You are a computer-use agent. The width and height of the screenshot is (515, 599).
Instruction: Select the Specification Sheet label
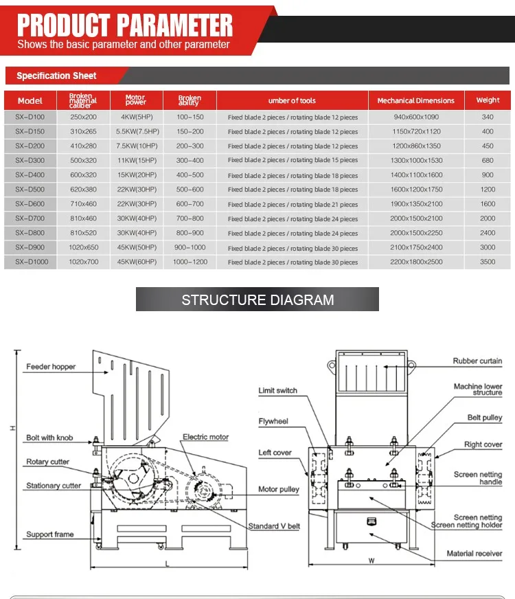[x=56, y=76]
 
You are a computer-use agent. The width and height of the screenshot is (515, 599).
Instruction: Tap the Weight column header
[x=488, y=100]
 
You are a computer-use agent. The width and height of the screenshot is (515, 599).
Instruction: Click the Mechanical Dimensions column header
[x=415, y=100]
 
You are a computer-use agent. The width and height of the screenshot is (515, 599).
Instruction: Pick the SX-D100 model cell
[x=30, y=117]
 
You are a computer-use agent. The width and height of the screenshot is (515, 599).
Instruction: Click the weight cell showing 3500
[x=488, y=262]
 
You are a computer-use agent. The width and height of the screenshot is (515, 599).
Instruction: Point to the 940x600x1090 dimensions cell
[x=415, y=117]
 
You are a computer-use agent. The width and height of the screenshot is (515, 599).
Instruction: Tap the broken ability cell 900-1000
[x=190, y=247]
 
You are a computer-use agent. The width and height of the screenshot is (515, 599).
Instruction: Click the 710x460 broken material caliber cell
[x=83, y=204]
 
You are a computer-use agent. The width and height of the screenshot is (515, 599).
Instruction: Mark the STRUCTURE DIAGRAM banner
[x=257, y=299]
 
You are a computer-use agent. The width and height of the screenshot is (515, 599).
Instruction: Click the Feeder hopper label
[x=51, y=367]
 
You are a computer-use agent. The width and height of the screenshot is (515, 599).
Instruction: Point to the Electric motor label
[x=205, y=437]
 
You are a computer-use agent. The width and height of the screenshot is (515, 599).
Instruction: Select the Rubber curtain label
[x=477, y=361]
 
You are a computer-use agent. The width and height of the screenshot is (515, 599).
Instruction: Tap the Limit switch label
[x=277, y=390]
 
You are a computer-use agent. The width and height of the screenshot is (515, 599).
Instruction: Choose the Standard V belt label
[x=274, y=526]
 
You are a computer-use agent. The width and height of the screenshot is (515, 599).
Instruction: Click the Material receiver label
[x=474, y=553]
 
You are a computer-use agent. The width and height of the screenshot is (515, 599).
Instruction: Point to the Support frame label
[x=50, y=534]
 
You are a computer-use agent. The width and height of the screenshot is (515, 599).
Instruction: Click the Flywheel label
[x=273, y=421]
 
